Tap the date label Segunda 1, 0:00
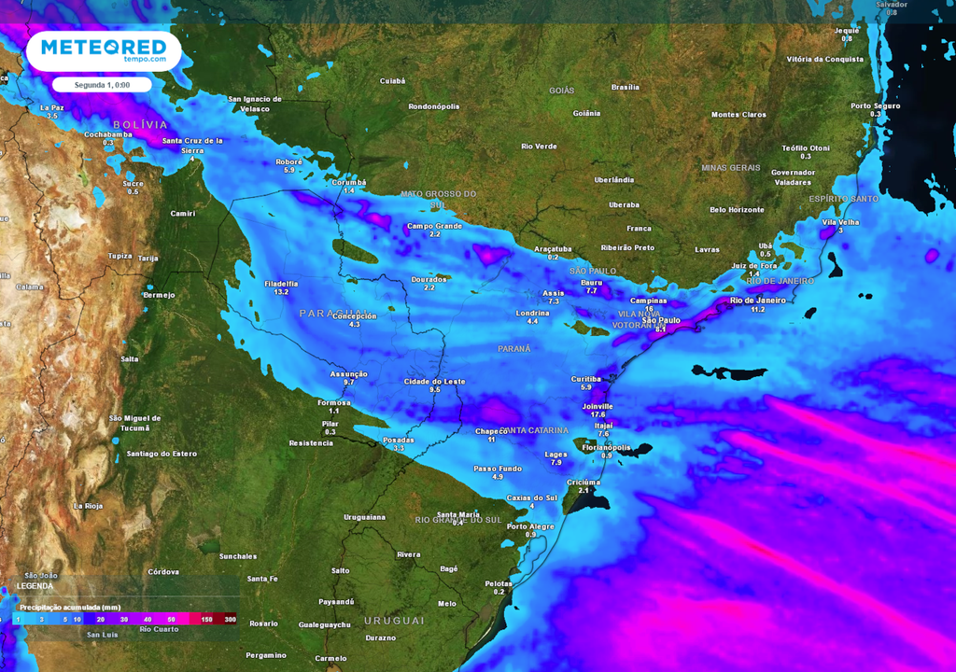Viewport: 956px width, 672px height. (x=102, y=85)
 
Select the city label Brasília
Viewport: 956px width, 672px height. (x=625, y=87)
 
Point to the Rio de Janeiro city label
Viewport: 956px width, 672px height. (x=757, y=300)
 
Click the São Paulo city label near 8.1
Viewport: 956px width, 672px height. (x=660, y=320)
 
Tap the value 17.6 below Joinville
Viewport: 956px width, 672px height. (x=598, y=415)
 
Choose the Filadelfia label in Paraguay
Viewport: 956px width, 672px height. (x=281, y=283)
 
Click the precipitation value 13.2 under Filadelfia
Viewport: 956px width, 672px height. (x=281, y=292)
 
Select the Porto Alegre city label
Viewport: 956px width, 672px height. (x=530, y=525)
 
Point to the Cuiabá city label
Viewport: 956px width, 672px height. (x=392, y=81)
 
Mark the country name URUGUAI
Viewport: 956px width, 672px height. (x=394, y=621)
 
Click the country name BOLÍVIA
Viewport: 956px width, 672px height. (x=140, y=124)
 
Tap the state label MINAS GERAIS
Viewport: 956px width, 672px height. (x=731, y=167)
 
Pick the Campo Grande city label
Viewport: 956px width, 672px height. (x=434, y=226)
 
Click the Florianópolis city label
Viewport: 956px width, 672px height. (x=607, y=447)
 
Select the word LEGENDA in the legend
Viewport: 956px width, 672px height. (x=35, y=586)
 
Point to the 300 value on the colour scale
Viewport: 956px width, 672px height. (x=230, y=620)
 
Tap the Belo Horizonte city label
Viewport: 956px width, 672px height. (x=737, y=210)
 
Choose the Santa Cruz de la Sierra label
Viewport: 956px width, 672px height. (x=192, y=145)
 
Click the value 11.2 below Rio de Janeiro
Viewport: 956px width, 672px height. (x=757, y=309)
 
